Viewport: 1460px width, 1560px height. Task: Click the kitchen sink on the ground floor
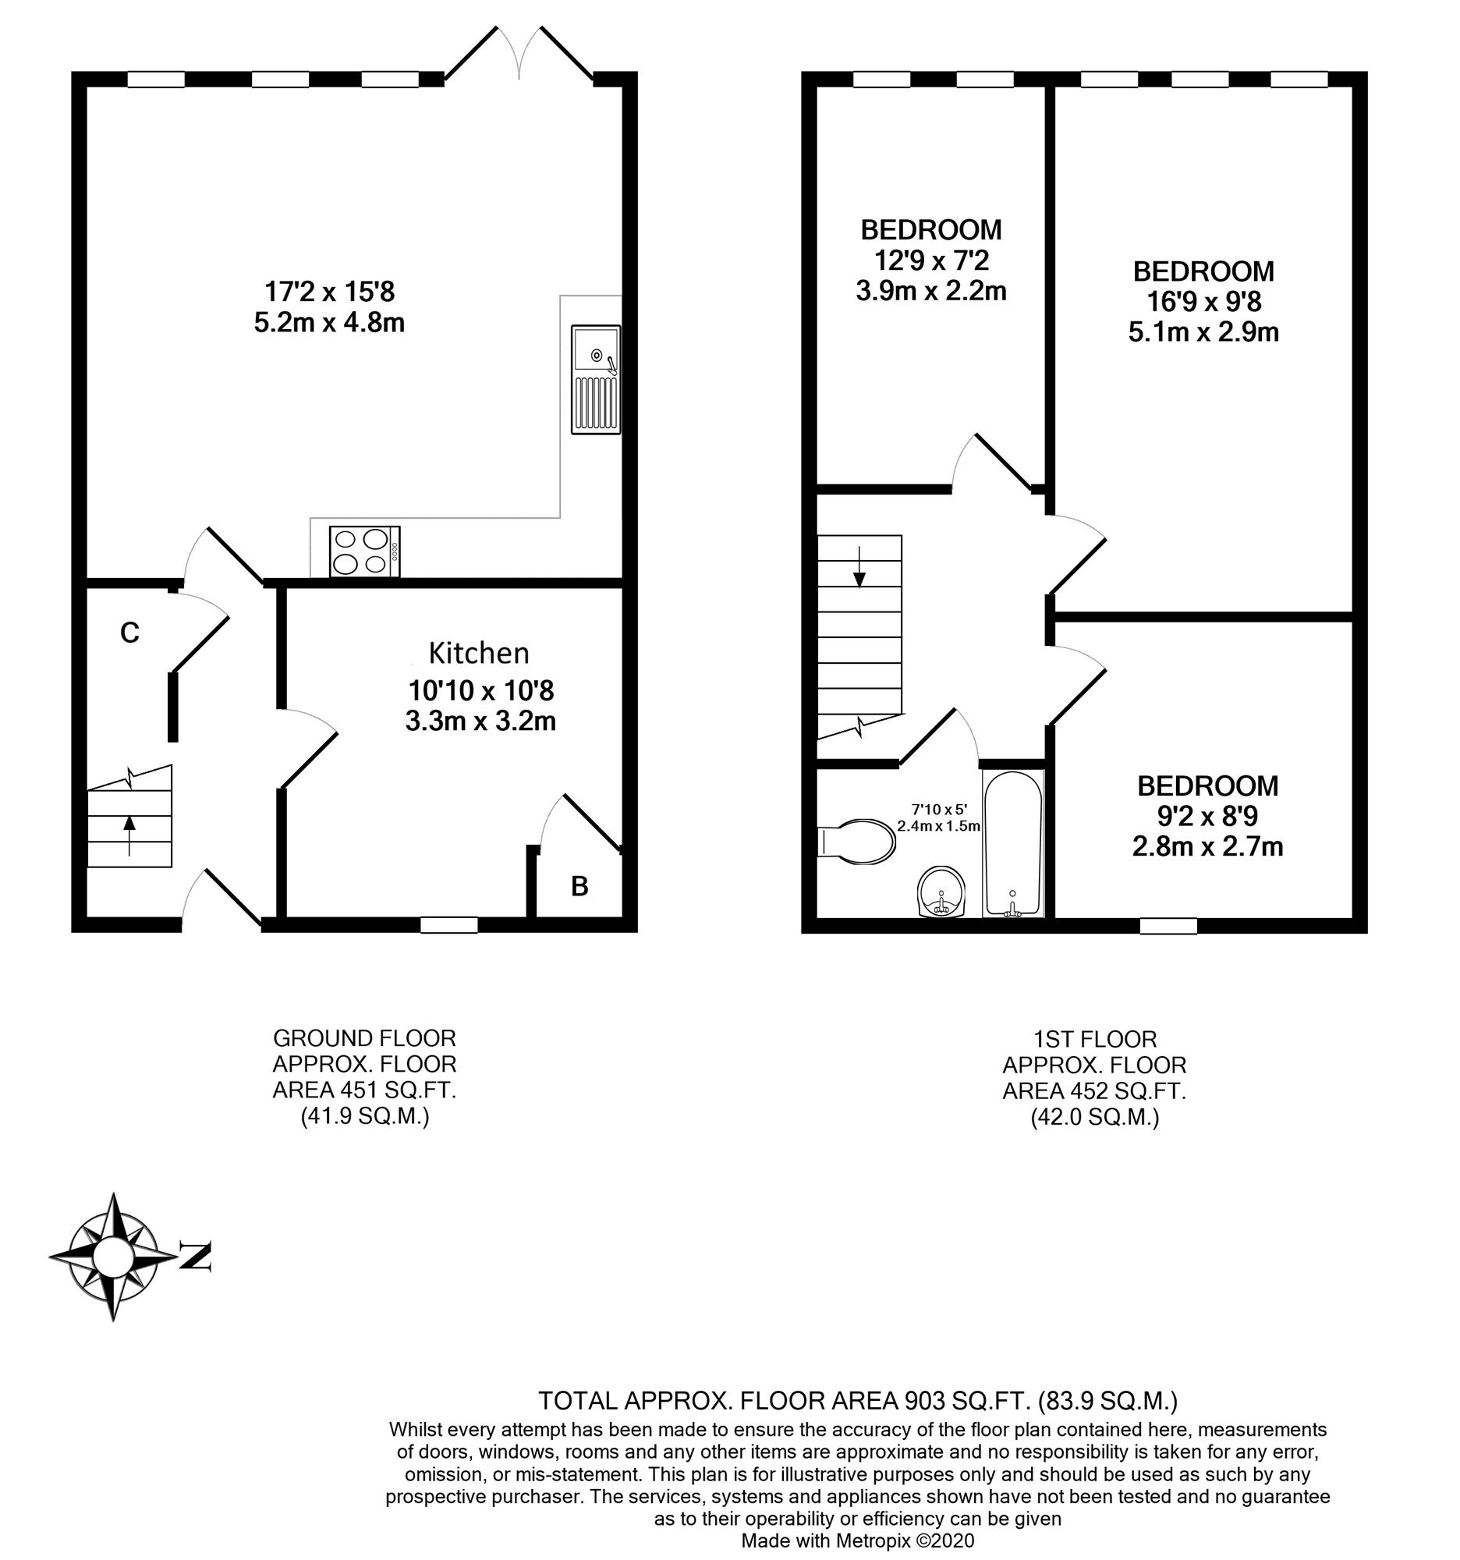(595, 380)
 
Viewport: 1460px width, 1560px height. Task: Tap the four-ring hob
(365, 551)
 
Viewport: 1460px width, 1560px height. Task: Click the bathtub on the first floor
(1014, 843)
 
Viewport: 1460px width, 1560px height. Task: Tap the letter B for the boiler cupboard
(579, 886)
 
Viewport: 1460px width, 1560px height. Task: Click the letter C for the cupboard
(129, 632)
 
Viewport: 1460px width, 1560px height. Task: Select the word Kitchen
(479, 652)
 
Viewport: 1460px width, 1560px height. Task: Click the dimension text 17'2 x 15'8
(329, 292)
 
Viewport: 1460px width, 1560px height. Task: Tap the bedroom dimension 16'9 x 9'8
(1203, 301)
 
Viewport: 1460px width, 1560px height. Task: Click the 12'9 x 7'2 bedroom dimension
(931, 260)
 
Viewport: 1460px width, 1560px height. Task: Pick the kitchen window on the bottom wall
(448, 925)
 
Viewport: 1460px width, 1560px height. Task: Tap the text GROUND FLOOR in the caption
(364, 1038)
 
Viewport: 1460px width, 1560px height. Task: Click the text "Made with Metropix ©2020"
(857, 1540)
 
